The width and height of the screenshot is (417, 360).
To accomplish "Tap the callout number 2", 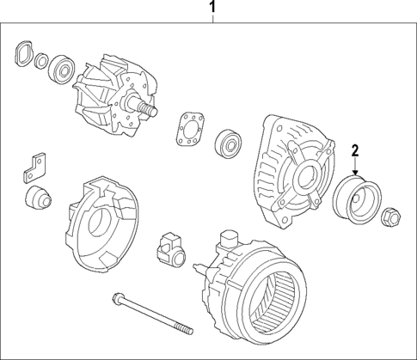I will [353, 152].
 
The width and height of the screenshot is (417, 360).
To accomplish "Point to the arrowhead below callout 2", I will [353, 175].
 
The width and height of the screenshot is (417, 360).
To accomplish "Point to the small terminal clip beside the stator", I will [168, 249].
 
